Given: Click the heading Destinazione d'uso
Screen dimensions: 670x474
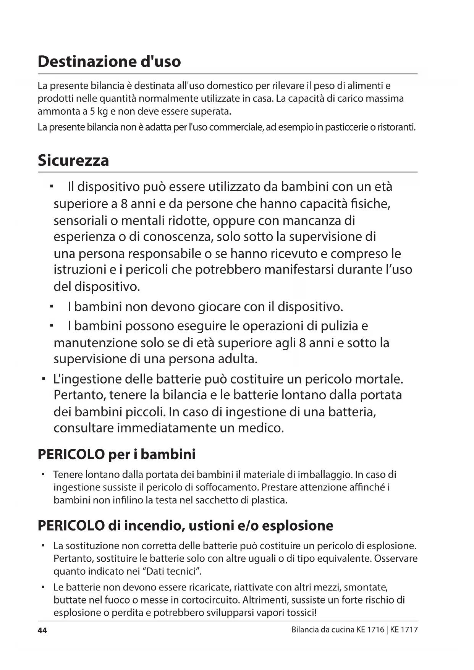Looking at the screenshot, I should coord(109,61).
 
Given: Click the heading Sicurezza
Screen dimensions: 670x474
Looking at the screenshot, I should coord(73,160).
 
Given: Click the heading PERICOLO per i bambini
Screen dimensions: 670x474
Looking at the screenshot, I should coord(116,454).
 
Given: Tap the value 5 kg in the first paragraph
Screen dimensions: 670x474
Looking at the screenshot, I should coord(97,112).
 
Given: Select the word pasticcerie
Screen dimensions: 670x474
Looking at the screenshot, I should coord(346,127).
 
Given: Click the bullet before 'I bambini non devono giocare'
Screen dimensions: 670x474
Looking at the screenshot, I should coord(51,306).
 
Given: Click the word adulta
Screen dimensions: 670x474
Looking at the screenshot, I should coord(238,359).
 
